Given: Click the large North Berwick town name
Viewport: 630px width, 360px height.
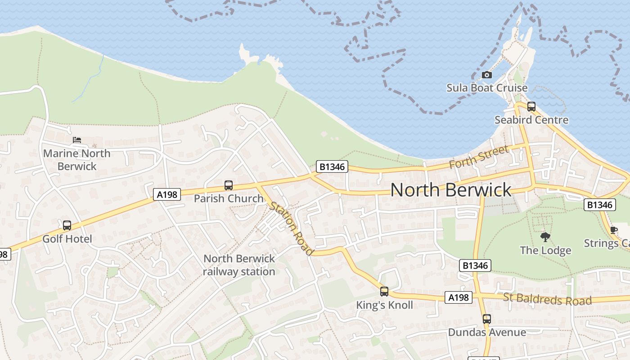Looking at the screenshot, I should pyautogui.click(x=450, y=190).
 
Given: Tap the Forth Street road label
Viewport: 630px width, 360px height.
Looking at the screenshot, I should pyautogui.click(x=479, y=157).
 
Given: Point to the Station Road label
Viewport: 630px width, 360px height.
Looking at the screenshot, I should pyautogui.click(x=291, y=229).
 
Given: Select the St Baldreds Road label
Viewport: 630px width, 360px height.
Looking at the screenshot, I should pyautogui.click(x=547, y=299).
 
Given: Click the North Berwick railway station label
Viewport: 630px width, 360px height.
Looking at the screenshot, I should pyautogui.click(x=239, y=265).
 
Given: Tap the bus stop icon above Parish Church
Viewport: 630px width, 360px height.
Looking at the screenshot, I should pyautogui.click(x=229, y=185).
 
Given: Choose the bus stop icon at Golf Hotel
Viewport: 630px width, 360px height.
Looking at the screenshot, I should pyautogui.click(x=67, y=225).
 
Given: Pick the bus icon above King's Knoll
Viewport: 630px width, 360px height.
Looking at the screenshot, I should pyautogui.click(x=384, y=292).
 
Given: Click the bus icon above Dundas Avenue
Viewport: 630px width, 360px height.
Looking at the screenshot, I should pyautogui.click(x=486, y=319).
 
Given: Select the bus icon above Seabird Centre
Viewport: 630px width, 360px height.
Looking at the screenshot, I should pyautogui.click(x=531, y=107).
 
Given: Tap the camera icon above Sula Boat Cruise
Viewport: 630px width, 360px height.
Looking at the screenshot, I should pyautogui.click(x=486, y=75).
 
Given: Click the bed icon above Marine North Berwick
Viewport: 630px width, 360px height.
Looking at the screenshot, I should pyautogui.click(x=77, y=140).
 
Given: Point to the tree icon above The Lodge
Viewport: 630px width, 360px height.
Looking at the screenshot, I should pyautogui.click(x=545, y=237).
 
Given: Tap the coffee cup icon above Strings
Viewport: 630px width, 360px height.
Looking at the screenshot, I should pyautogui.click(x=613, y=230).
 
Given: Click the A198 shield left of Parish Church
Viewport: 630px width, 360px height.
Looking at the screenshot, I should pyautogui.click(x=167, y=194).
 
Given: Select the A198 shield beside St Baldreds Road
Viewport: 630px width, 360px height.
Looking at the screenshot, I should pyautogui.click(x=459, y=297).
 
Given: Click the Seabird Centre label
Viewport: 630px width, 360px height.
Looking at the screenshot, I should pyautogui.click(x=531, y=120).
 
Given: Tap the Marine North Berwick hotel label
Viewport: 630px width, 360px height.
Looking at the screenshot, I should pyautogui.click(x=77, y=160).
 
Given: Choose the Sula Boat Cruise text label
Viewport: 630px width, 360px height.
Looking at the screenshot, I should pyautogui.click(x=486, y=88).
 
